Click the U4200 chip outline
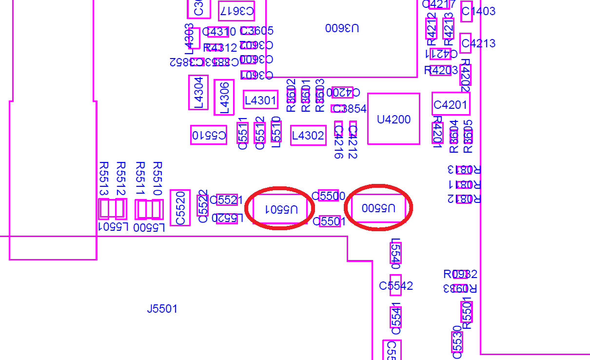point(393,119)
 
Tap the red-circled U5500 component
point(378,208)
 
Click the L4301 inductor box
point(260,100)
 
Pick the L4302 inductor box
point(308,135)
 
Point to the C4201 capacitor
point(451,104)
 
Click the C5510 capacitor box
point(209,135)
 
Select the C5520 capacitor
point(180,208)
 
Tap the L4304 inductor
point(198,92)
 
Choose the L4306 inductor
point(224,97)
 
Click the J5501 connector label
point(162,309)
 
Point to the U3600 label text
point(342,28)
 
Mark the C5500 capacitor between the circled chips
point(328,196)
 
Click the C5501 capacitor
point(330,221)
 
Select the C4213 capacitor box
point(466,43)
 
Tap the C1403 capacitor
point(467,11)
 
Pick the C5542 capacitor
point(395,285)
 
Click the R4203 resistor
point(440,70)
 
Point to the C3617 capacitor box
point(236,11)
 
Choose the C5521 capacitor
point(227,200)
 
